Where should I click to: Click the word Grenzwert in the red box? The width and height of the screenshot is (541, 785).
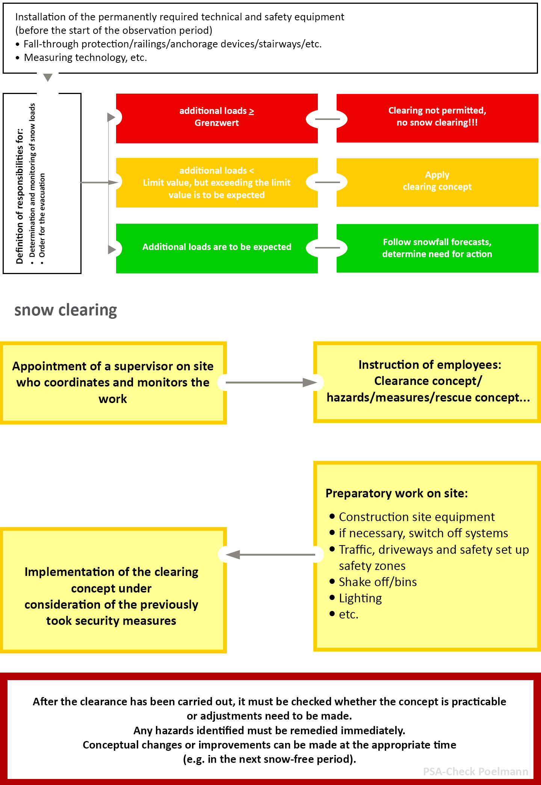pos(216,123)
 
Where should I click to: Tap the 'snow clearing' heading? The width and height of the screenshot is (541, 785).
pos(66,310)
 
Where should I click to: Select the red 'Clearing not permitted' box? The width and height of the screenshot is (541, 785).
pos(437,118)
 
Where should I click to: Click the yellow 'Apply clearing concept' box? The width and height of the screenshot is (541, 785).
pos(437,182)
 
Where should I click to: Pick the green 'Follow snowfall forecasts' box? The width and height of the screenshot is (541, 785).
pos(437,248)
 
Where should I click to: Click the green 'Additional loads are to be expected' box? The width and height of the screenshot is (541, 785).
pos(217,248)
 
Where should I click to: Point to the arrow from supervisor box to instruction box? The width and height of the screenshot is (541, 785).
pos(270,382)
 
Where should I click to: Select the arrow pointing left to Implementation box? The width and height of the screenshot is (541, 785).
pos(270,555)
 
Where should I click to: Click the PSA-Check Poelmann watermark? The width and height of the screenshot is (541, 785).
pos(475,771)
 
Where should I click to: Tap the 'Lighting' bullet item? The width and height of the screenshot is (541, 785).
pos(360,598)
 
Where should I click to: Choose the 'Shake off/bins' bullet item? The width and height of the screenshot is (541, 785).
pos(378,582)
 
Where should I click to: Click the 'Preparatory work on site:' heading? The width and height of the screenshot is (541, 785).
pos(396,493)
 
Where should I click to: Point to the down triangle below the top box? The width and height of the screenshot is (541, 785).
pos(48,77)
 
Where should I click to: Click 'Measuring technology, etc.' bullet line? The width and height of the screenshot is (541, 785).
pos(85,58)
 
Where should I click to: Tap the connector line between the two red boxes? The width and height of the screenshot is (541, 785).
pos(327,119)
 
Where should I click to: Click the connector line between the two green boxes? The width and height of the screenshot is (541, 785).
pos(327,248)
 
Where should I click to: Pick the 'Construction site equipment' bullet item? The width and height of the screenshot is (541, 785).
pos(416,517)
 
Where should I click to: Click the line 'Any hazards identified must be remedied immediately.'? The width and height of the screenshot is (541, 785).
pos(269,730)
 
